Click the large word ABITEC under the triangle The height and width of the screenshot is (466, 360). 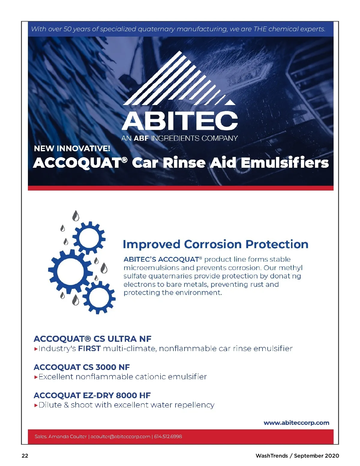pos(180,121)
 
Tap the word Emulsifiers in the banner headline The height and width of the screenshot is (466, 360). pos(285,163)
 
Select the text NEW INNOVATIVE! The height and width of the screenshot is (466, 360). pos(72,149)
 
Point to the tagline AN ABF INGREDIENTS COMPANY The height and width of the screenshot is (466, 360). pos(179,138)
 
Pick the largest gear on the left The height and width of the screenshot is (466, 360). pos(70,271)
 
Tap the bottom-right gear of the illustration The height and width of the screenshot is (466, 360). pos(99,297)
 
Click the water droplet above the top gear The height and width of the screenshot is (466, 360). pos(76,216)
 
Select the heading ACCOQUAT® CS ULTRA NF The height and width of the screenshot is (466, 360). pos(92,339)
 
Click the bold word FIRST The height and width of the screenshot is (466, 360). pos(89,348)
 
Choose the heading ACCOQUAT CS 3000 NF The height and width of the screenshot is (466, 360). pos(82,367)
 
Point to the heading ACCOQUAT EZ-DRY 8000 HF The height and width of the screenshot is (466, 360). pos(92,395)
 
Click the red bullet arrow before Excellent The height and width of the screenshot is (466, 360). pos(36,377)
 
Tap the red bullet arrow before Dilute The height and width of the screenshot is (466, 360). pos(36,405)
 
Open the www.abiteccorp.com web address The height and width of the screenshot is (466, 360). pos(296,422)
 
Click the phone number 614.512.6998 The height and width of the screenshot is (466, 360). pos(168,436)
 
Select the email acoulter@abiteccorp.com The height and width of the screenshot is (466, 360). pos(120,436)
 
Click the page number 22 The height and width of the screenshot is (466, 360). pos(25,455)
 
